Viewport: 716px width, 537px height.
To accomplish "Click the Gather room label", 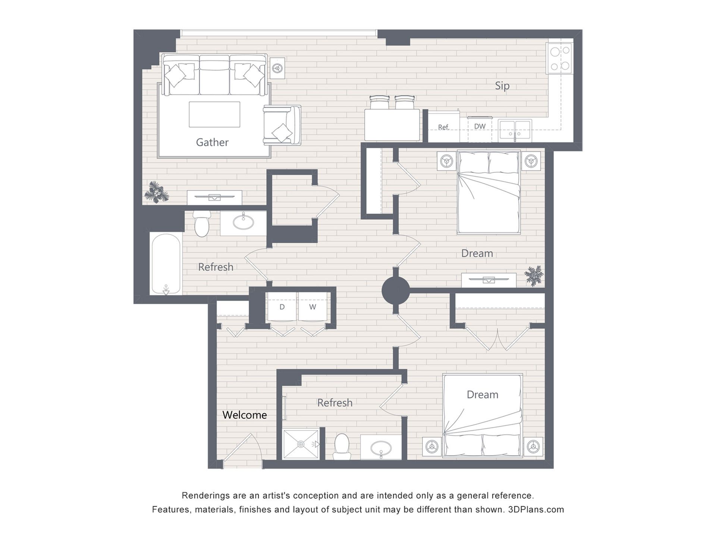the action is (212, 142).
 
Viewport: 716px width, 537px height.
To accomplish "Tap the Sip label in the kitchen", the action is (502, 86).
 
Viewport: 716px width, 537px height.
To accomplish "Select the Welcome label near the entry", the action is (245, 415).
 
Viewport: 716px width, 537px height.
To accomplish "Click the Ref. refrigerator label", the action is (443, 128).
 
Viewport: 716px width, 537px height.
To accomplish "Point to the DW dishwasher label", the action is (480, 126).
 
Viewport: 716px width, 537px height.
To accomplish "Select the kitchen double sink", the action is (515, 129).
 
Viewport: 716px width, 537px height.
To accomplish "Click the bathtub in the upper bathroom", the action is (166, 264).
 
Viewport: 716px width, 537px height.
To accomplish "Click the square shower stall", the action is (301, 444).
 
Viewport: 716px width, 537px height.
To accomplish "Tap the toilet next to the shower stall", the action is (342, 446).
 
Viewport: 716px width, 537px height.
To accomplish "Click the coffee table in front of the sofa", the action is (214, 114).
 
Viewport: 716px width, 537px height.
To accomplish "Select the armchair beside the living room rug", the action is (282, 125).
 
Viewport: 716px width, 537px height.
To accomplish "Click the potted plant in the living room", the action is (157, 192).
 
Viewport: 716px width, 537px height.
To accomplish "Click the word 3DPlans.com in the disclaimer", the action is (536, 509).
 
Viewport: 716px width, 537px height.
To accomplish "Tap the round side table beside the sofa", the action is (277, 68).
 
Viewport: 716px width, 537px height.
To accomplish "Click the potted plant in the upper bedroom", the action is (534, 276).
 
